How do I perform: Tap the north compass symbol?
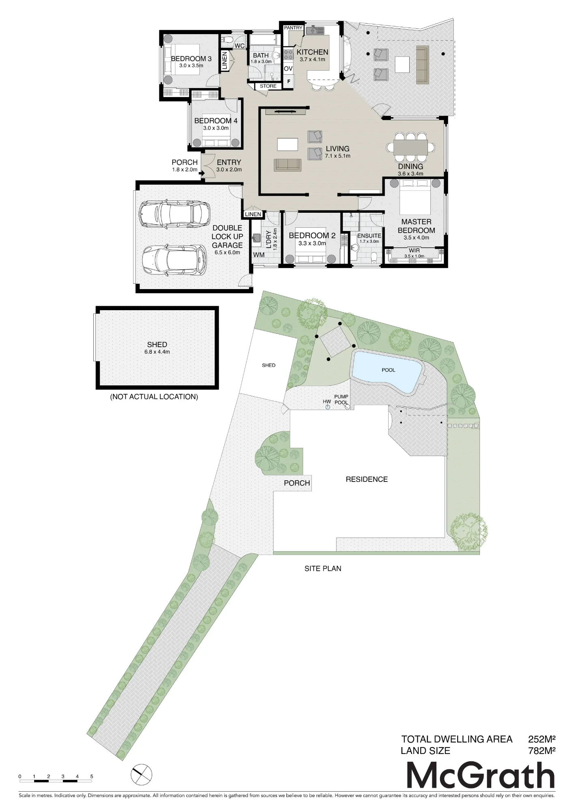pyautogui.click(x=142, y=775)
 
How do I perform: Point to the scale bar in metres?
pyautogui.click(x=56, y=778)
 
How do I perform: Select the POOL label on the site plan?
pyautogui.click(x=388, y=370)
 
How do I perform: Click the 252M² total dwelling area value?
pyautogui.click(x=542, y=739)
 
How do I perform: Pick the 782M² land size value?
pyautogui.click(x=542, y=751)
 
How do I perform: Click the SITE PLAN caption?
pyautogui.click(x=323, y=568)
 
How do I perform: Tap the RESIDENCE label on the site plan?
pyautogui.click(x=367, y=479)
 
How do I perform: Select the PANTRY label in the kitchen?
pyautogui.click(x=293, y=28)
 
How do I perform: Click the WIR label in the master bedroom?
pyautogui.click(x=414, y=251)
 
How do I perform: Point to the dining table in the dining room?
pyautogui.click(x=411, y=147)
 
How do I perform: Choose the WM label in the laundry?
pyautogui.click(x=259, y=255)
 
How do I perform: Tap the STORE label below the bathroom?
pyautogui.click(x=268, y=86)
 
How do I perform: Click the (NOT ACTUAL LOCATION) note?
pyautogui.click(x=154, y=397)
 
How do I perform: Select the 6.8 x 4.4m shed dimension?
pyautogui.click(x=157, y=352)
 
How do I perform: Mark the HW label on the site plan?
pyautogui.click(x=327, y=402)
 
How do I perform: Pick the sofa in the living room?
pyautogui.click(x=288, y=165)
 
